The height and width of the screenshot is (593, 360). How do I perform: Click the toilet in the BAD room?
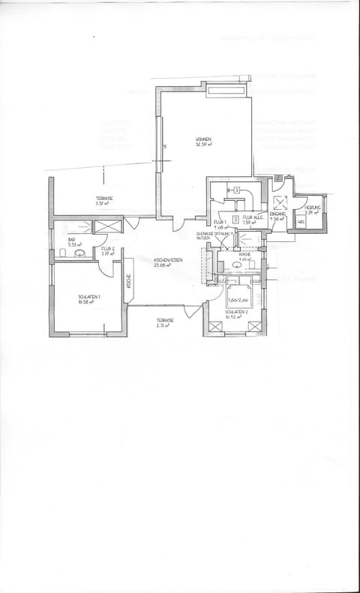click(x=63, y=255)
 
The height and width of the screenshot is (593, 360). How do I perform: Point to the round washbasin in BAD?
click(x=79, y=255)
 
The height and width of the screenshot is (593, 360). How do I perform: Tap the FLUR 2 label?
click(x=106, y=248)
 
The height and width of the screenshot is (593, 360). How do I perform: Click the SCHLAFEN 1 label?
click(x=89, y=298)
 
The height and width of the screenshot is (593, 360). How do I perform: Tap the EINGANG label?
click(x=278, y=214)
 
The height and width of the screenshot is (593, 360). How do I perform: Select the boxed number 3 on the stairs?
click(x=235, y=190)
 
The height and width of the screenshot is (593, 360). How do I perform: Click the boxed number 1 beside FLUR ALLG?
click(x=235, y=219)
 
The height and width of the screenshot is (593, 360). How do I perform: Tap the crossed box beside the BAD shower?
click(x=109, y=226)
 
